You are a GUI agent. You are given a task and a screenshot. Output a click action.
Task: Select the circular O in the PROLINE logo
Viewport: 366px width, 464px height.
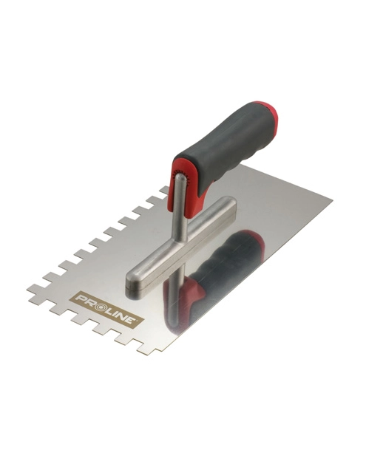[x=95, y=303]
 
